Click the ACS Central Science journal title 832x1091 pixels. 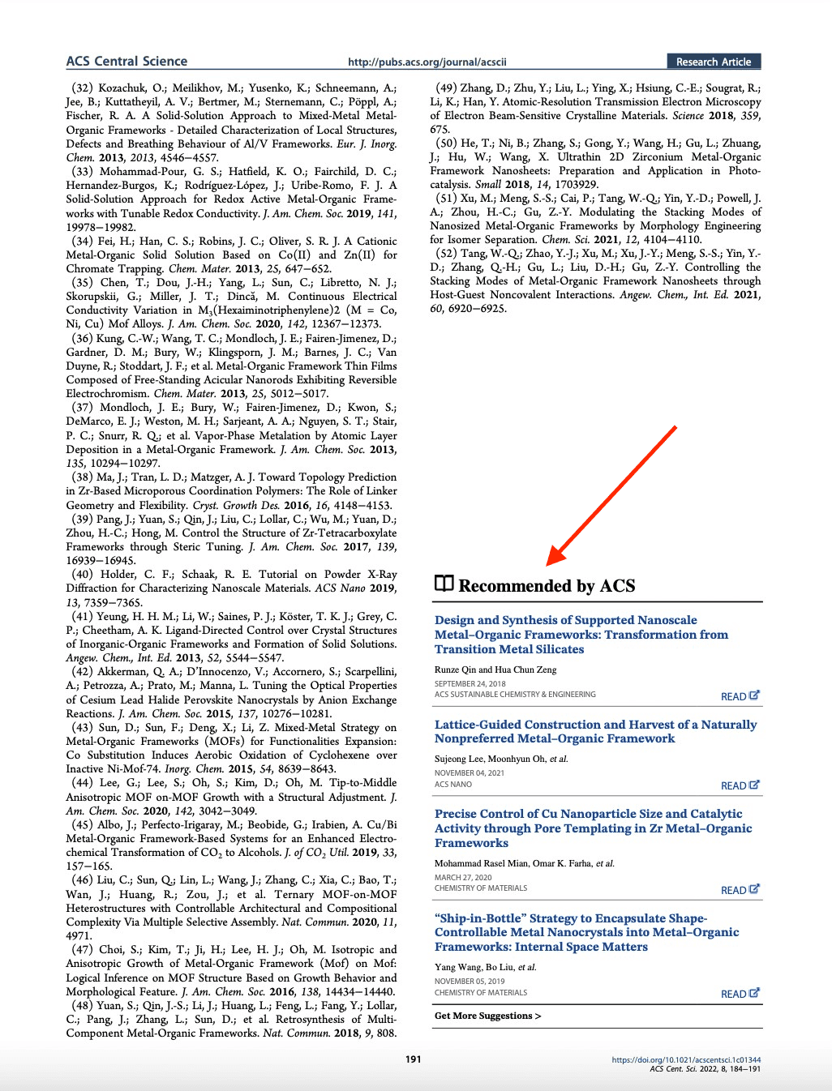tap(127, 62)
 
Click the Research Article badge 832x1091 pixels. tap(714, 62)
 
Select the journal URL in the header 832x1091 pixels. tap(427, 62)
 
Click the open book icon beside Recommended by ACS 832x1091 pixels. tap(444, 584)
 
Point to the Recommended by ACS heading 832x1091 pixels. tap(547, 586)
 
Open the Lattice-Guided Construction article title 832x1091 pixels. tap(595, 731)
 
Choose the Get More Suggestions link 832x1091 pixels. tap(487, 1016)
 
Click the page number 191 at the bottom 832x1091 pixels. tap(414, 1059)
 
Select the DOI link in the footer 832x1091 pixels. tap(686, 1059)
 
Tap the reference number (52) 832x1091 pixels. tap(447, 254)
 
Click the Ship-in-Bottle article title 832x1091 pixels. tap(586, 932)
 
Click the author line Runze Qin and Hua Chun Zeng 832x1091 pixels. tap(495, 670)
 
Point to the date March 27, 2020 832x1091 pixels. tap(463, 877)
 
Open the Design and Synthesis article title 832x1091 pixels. tap(581, 635)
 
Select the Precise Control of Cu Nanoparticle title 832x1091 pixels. tap(593, 828)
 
